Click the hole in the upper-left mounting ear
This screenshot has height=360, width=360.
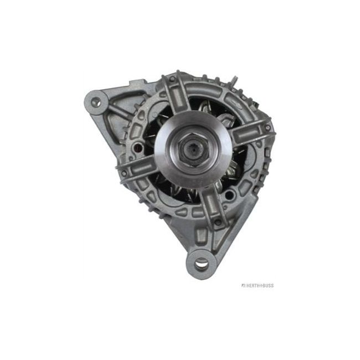[x=96, y=102]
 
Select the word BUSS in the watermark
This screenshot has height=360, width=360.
[x=267, y=286]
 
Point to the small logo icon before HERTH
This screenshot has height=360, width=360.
[x=242, y=286]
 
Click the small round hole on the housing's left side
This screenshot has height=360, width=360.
[x=137, y=148]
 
